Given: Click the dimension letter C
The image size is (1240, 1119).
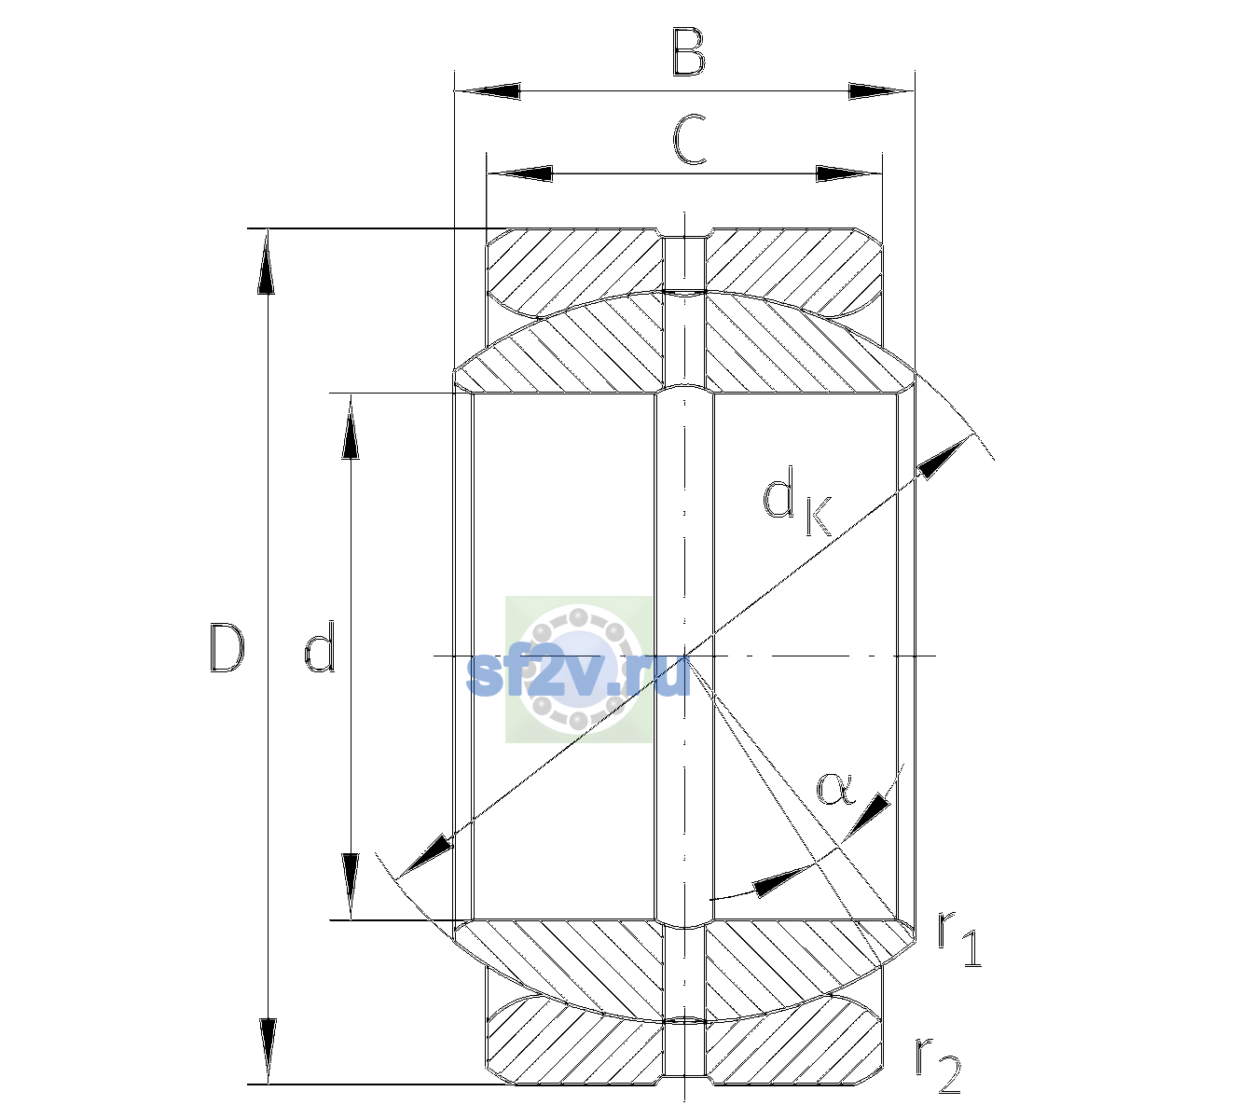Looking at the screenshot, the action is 689,140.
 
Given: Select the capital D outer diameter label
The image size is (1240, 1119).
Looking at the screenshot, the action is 227,648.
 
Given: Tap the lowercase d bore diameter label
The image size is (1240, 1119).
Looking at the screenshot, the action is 320,646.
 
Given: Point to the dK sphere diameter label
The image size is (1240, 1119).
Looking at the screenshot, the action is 797,501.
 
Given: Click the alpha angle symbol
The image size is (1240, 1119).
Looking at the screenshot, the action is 835,789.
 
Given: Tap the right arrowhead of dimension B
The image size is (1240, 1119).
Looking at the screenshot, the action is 881,91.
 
